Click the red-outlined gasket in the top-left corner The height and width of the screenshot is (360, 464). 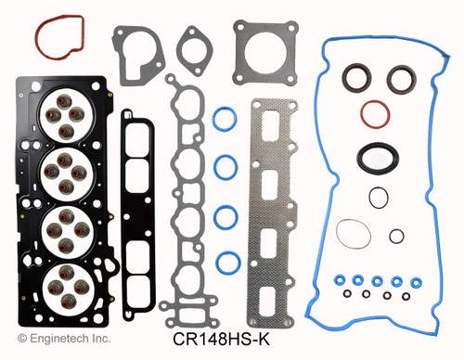point(58,37)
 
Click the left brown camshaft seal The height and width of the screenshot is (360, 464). point(354,78)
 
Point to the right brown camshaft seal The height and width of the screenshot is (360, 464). point(401,78)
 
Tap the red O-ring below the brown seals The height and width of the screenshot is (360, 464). point(373,116)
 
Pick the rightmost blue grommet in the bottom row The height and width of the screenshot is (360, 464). point(415,279)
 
